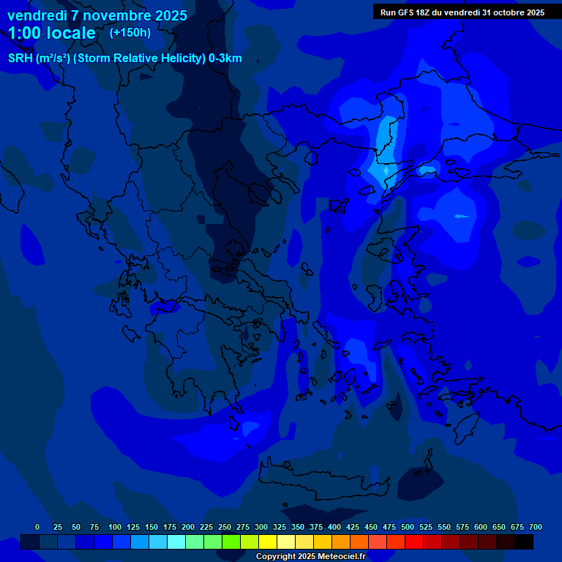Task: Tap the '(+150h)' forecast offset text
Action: pos(130,33)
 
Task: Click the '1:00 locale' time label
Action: pos(52,33)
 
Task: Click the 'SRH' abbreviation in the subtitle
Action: pos(20,59)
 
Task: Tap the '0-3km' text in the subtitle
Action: pos(225,59)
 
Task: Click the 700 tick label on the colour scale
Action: pos(535,527)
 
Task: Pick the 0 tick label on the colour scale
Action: pos(37,527)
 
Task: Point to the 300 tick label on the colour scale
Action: pos(261,527)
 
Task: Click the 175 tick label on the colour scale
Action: pos(170,527)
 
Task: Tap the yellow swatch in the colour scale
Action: pos(268,542)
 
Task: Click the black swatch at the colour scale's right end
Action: pos(524,542)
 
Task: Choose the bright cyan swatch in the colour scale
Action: pos(176,542)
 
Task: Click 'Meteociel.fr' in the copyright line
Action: pos(341,557)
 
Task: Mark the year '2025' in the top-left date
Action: pos(171,15)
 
